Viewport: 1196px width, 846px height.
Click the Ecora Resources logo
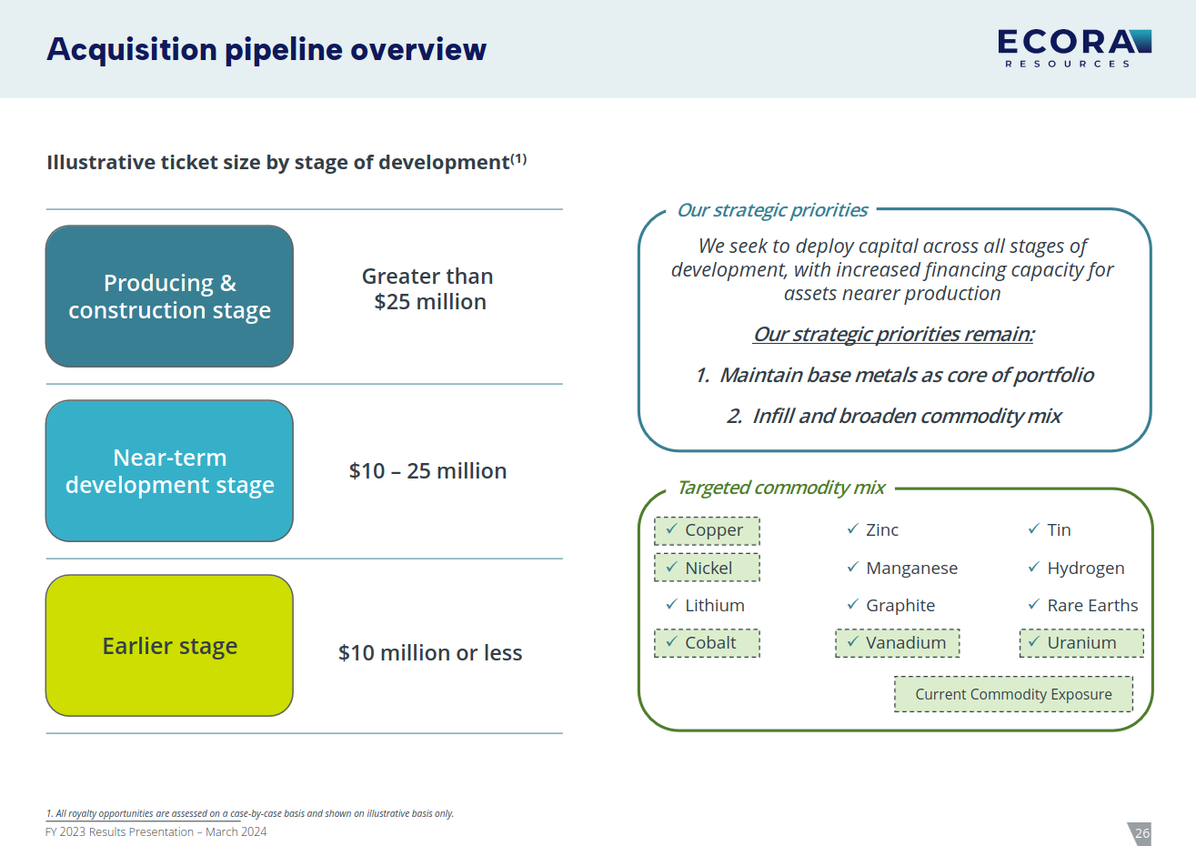1073,48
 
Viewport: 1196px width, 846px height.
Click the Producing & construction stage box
169,297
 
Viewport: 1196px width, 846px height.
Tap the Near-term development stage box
169,471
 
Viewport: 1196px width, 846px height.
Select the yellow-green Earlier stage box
169,646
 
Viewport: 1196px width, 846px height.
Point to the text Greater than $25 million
428,289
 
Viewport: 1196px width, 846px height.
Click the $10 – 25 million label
427,471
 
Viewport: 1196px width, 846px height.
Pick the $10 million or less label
430,653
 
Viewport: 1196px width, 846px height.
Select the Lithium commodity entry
714,606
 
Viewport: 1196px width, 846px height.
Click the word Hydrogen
1085,569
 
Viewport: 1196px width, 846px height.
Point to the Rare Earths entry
1091,606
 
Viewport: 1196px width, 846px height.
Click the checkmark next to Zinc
852,529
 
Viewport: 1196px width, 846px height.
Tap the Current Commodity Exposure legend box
1013,694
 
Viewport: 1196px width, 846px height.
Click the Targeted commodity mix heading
780,488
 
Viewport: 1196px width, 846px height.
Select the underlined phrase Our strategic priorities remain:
893,335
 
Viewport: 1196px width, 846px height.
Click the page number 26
1142,833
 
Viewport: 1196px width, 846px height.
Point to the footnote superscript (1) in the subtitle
518,159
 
